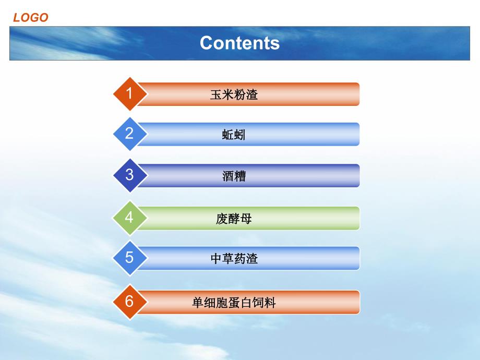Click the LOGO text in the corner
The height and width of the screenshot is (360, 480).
point(31,18)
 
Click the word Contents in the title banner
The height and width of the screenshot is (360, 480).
point(239,43)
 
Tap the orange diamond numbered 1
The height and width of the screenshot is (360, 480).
point(129,94)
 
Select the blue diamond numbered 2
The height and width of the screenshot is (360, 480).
point(129,134)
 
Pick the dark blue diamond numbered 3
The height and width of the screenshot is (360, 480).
point(129,175)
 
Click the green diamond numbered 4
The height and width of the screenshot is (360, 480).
point(129,217)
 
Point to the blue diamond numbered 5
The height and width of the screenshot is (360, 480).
point(129,258)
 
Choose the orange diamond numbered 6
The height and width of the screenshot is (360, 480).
point(129,302)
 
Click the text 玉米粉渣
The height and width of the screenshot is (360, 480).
point(234,95)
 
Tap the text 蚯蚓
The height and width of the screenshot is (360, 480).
point(234,135)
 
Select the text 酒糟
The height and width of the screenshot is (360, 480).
point(234,176)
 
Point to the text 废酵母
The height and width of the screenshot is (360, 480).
point(234,219)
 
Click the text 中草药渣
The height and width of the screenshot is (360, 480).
point(234,259)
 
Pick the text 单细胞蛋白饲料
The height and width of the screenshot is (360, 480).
point(234,303)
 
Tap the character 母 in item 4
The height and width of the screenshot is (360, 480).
point(246,219)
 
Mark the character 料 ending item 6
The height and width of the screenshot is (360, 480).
point(270,303)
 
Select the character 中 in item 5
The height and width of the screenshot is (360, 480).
point(216,259)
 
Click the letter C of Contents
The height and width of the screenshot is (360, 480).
point(207,43)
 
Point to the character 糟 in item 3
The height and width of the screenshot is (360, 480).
point(240,176)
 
